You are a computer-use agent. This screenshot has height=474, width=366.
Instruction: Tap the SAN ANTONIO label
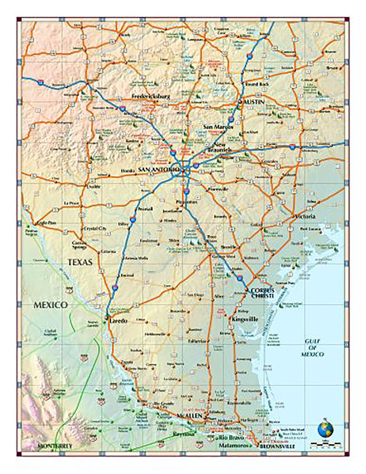(158, 171)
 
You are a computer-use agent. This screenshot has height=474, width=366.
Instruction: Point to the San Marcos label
(218, 127)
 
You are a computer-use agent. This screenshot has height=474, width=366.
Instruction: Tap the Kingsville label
(243, 319)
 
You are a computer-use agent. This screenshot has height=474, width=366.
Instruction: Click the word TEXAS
(80, 261)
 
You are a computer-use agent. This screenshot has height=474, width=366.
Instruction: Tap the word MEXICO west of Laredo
(51, 305)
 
